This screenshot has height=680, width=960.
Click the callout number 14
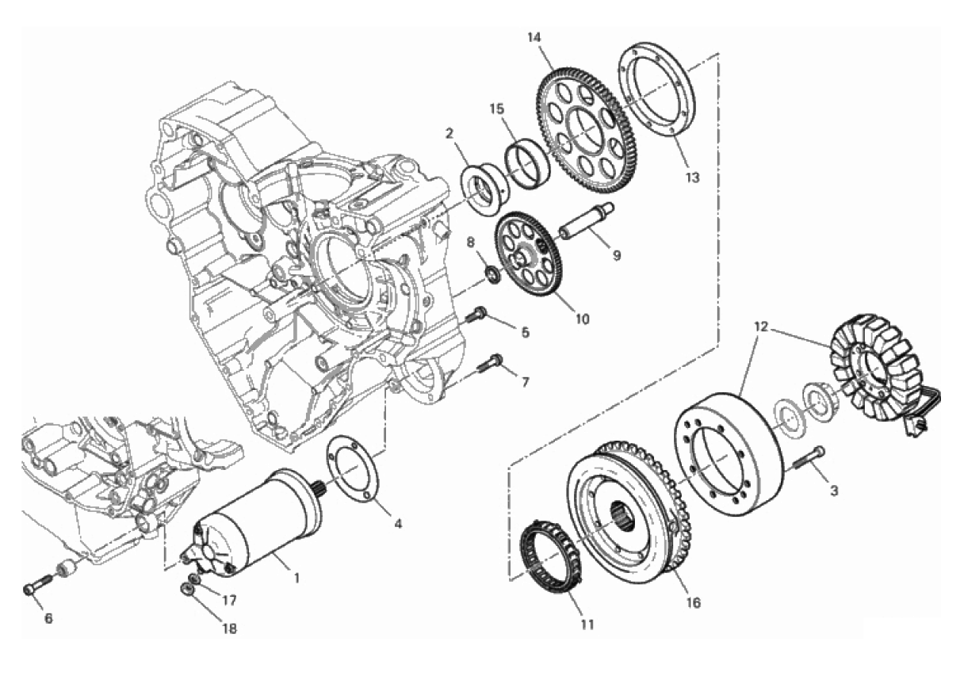click(x=534, y=38)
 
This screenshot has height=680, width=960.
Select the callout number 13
click(x=692, y=177)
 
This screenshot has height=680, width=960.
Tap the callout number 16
click(x=693, y=603)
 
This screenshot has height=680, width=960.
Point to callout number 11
click(x=587, y=625)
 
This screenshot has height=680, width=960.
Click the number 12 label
click(x=762, y=327)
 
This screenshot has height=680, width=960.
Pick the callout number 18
click(x=229, y=628)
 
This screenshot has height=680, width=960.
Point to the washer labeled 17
click(x=194, y=579)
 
